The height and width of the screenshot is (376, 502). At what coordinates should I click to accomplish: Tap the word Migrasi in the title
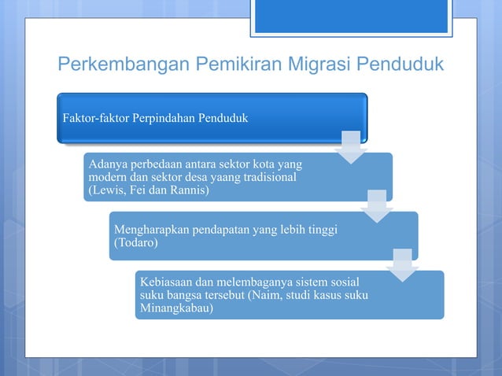(317, 64)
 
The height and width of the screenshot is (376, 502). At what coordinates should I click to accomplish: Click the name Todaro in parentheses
(136, 243)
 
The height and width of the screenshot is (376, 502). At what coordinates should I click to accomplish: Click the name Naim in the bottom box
(297, 295)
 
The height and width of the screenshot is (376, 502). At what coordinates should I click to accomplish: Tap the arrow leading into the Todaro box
(376, 207)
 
